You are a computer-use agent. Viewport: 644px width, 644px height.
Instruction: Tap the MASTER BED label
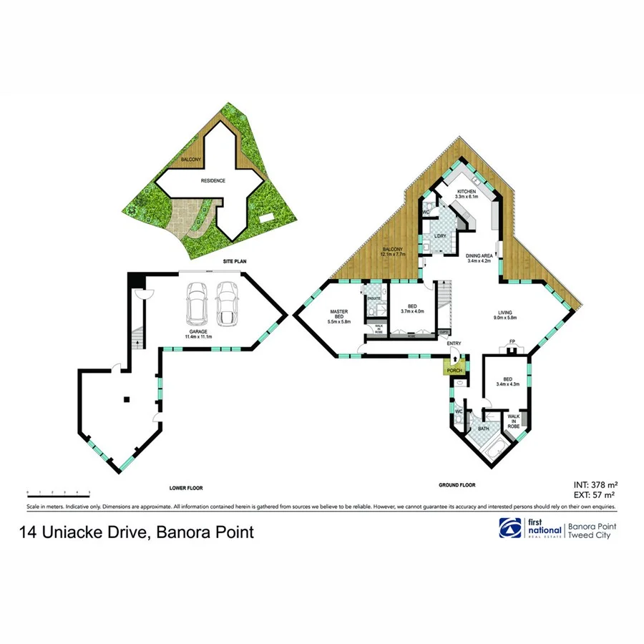[x=338, y=316]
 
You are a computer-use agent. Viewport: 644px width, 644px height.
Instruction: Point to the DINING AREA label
[x=479, y=258]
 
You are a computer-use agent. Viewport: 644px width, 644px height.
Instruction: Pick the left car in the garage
[x=196, y=302]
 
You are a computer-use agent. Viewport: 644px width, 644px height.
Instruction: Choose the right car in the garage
[x=227, y=302]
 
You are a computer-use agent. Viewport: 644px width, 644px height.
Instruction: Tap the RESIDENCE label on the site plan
[x=213, y=180]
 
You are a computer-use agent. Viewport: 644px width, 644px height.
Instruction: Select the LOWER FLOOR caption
[x=186, y=488]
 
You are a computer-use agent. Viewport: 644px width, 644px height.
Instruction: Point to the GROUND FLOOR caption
[x=457, y=485]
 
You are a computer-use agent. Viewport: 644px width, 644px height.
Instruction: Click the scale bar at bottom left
[x=58, y=493]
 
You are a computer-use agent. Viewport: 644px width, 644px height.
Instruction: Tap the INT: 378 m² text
[x=595, y=483]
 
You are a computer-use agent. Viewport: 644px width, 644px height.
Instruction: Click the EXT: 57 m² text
[x=595, y=494]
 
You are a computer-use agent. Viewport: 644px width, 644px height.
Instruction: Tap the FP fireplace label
[x=512, y=341]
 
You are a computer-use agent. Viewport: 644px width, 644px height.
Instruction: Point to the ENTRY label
[x=454, y=344]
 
